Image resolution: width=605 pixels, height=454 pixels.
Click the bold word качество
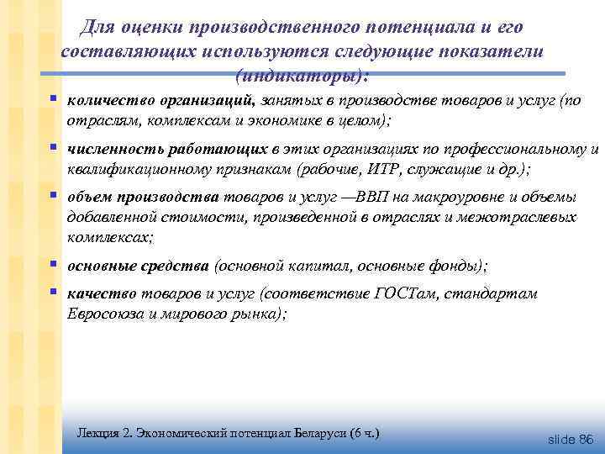point(98,294)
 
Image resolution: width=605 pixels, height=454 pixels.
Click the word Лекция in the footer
point(97,433)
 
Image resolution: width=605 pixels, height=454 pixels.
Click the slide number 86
point(585,439)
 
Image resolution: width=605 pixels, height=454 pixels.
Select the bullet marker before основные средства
point(52,264)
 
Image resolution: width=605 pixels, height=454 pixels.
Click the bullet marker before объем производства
point(52,197)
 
